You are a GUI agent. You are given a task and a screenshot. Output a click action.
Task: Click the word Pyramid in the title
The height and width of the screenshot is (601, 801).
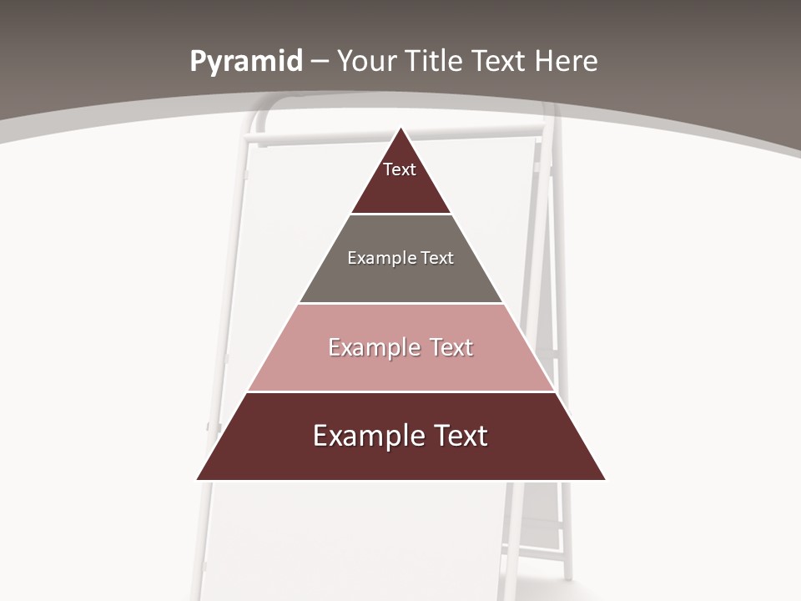(x=246, y=62)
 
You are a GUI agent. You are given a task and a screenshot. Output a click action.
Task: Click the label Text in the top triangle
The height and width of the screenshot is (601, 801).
(x=400, y=170)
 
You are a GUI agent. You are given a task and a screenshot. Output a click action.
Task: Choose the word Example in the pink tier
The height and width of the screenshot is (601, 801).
(x=371, y=348)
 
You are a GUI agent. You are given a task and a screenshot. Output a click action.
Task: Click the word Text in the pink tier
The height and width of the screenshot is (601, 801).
(x=451, y=348)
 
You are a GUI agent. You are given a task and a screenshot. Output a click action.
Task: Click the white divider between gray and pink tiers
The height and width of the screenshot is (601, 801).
(x=401, y=303)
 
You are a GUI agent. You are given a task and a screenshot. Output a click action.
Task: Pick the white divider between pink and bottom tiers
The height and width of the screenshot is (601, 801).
(x=401, y=391)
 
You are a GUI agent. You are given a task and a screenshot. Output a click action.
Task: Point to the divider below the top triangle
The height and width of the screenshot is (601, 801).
(x=401, y=215)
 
